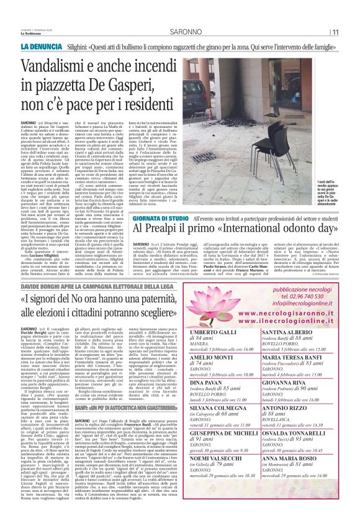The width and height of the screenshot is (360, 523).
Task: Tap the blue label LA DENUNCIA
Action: (40, 47)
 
